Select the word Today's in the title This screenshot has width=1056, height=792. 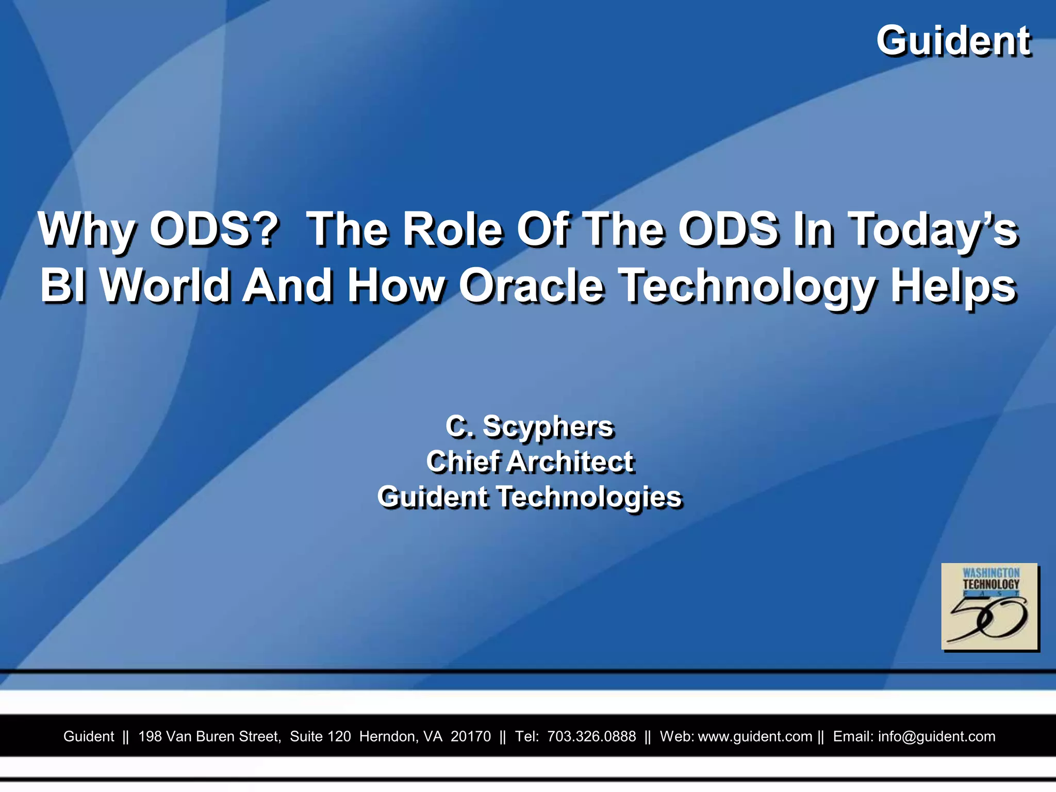[933, 230]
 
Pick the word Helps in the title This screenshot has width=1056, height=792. [954, 287]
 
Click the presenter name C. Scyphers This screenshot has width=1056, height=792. [530, 427]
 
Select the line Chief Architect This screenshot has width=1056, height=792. [530, 461]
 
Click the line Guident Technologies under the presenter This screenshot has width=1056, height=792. [530, 497]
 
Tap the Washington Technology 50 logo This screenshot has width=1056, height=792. [989, 606]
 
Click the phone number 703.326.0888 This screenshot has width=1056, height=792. [591, 736]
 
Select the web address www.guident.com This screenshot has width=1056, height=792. [755, 736]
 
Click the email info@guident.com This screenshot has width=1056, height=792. [936, 736]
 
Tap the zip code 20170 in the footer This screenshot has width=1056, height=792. [471, 736]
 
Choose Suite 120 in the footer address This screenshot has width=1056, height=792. [320, 736]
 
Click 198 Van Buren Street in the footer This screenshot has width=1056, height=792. [209, 736]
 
